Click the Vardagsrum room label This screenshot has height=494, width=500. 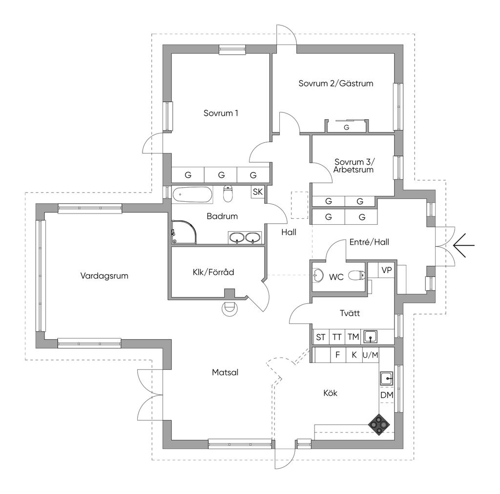(x=104, y=276)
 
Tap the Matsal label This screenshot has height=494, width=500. (x=225, y=372)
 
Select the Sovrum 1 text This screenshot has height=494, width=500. (x=221, y=113)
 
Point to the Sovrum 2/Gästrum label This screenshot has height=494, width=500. (x=336, y=83)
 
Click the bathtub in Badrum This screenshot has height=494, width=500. (x=192, y=194)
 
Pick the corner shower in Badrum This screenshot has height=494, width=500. (x=184, y=232)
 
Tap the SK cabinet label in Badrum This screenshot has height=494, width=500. (x=258, y=192)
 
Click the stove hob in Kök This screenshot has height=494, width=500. (x=379, y=425)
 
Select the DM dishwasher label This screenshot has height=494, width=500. (x=387, y=395)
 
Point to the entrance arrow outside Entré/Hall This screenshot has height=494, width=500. (x=464, y=245)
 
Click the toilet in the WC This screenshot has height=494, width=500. (x=356, y=275)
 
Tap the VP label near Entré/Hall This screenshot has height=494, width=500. (x=387, y=270)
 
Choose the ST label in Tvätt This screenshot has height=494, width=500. (x=320, y=337)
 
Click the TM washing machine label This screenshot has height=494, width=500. (x=354, y=337)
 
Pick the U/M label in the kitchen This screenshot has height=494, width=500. (x=370, y=355)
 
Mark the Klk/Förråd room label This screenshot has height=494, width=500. (x=213, y=272)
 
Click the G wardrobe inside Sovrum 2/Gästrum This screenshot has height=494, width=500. (x=346, y=128)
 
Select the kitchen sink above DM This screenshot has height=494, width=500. (x=386, y=379)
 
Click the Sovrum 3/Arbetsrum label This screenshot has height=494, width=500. (x=354, y=166)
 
